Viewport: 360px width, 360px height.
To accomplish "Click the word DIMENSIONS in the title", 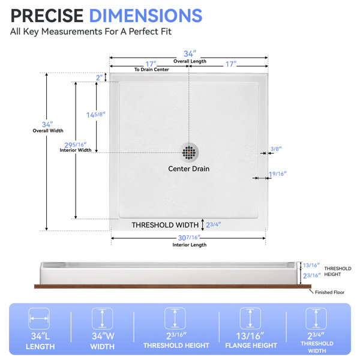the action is click(146, 16).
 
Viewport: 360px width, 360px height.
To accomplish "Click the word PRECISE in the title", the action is click(47, 16).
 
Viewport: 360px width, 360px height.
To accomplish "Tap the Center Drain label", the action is click(189, 169).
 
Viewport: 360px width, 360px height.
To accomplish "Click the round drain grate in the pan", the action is click(189, 152).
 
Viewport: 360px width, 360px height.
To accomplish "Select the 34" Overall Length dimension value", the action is click(190, 54).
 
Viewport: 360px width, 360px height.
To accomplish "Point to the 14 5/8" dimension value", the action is click(96, 115).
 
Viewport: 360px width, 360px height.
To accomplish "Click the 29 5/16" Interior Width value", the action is click(76, 145).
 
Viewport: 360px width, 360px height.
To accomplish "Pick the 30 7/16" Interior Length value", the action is click(189, 238).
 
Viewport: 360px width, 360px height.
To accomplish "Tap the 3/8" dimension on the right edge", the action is click(276, 149).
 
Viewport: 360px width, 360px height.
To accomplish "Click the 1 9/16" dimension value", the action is click(278, 174).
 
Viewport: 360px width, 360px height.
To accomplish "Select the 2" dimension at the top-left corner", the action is click(99, 78).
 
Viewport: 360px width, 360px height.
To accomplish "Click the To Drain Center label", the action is click(152, 70).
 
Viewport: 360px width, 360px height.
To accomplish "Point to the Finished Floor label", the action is click(329, 292).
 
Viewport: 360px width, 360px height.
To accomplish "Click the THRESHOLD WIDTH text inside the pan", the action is click(165, 225).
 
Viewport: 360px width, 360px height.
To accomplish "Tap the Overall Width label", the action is click(48, 131).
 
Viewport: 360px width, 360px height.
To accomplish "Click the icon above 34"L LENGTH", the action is click(39, 319).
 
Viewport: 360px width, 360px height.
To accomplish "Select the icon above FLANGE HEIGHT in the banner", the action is click(250, 319).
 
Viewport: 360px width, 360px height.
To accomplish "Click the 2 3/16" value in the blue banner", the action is click(176, 336).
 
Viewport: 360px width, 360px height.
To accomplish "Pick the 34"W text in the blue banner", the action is click(103, 336).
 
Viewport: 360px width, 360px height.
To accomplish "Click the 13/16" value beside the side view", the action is click(311, 265).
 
